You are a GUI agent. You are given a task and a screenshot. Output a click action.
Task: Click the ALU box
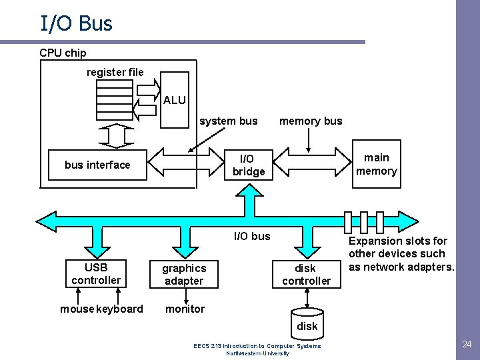coord(175,100)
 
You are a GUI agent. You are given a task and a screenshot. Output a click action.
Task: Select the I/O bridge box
coord(249,165)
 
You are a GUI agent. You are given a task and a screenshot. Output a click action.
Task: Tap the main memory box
coord(377,164)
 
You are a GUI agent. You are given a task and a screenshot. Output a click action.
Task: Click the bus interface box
coord(97,165)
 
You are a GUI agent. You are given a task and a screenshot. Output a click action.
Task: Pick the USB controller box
coord(96,274)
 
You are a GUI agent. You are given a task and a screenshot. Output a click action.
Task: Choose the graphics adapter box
coord(184,274)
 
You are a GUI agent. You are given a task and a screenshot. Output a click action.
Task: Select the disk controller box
coord(307,274)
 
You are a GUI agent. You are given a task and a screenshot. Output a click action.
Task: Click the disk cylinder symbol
coord(307,324)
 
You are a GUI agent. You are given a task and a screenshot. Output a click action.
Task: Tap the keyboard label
coord(120,309)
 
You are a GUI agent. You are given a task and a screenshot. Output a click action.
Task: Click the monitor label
coord(185,309)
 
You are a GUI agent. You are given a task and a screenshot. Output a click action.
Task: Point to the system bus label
coord(229,121)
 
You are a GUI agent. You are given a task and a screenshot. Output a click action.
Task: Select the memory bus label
coord(311,121)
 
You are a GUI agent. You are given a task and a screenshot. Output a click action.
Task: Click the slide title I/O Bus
coord(76,23)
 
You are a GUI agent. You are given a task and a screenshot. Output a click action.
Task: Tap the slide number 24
coord(467,345)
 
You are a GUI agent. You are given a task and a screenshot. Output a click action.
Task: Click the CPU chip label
coord(63,53)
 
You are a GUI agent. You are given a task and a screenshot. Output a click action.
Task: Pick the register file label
coord(115,72)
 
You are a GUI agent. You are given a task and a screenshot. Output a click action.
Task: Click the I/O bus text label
coord(252,236)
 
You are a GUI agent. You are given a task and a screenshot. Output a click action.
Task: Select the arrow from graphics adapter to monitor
coord(186,296)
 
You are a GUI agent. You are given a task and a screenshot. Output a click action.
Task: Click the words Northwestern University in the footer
coord(257,353)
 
